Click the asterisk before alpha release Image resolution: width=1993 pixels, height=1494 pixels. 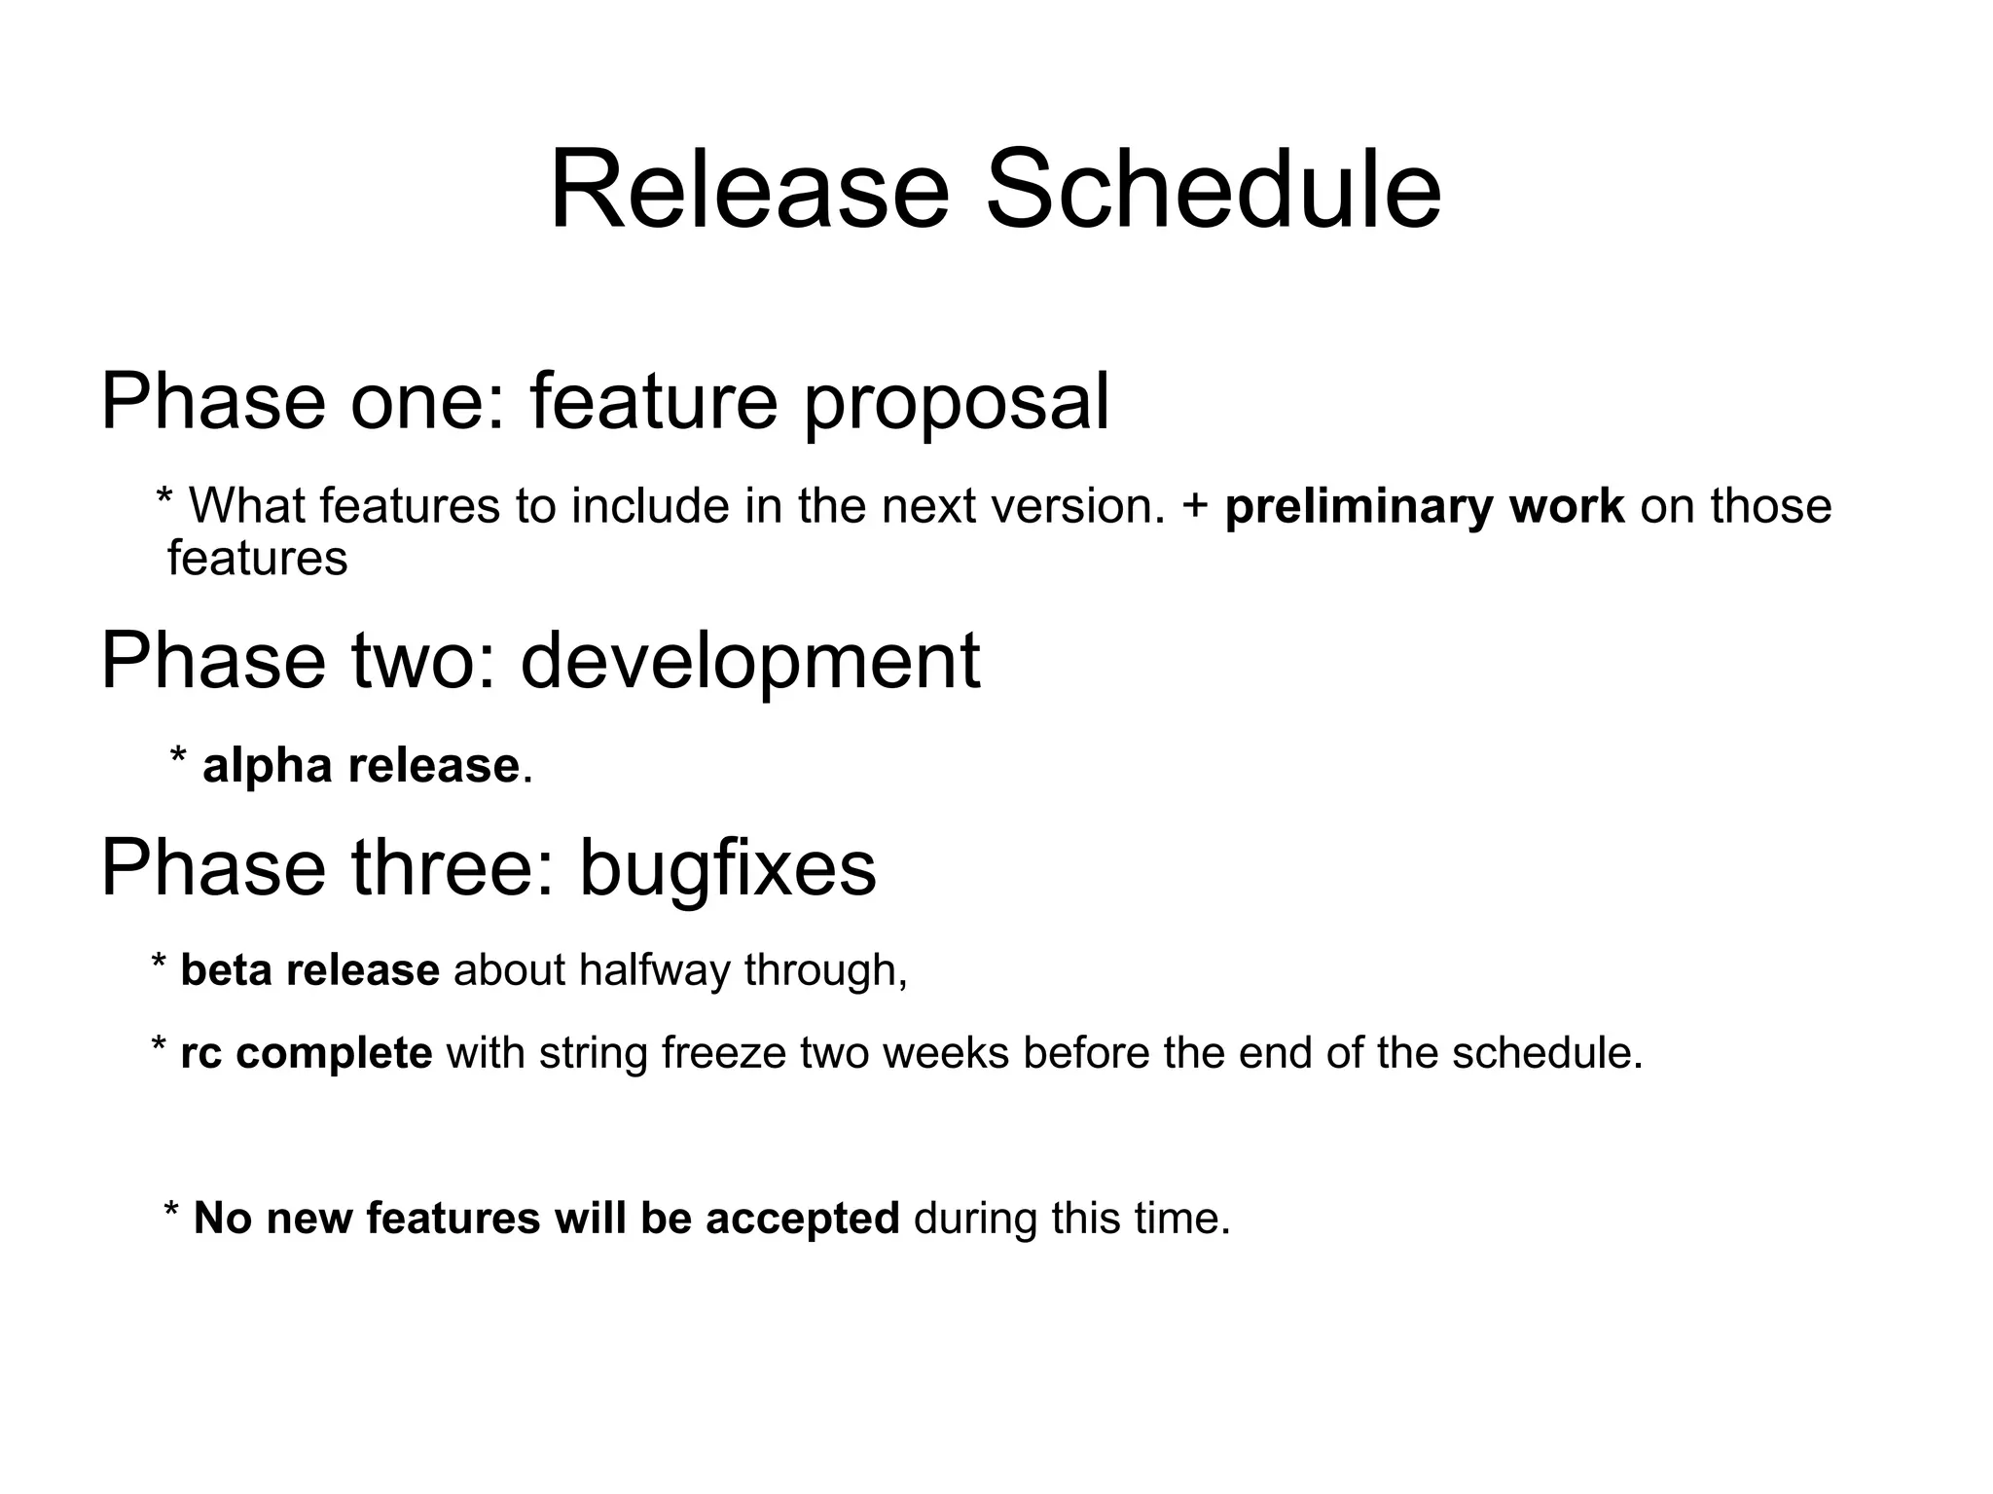pos(178,757)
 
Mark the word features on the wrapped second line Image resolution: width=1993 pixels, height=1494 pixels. pos(257,559)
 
